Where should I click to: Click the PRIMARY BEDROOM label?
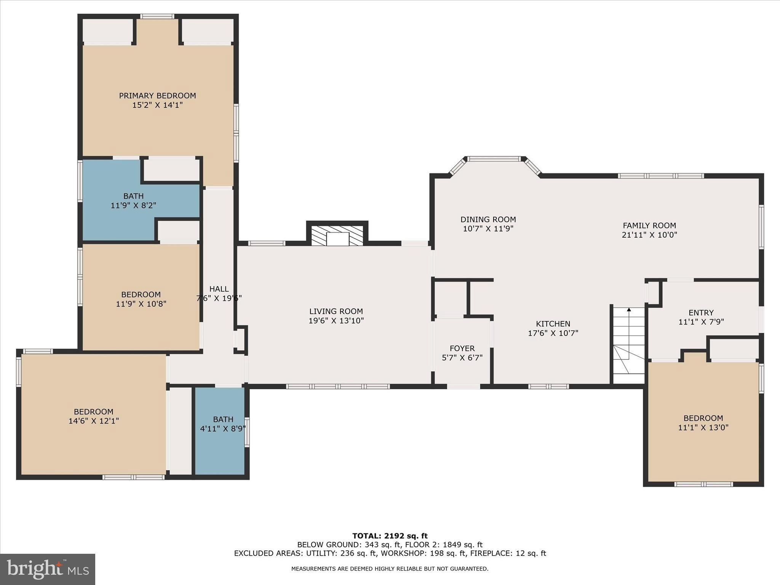[x=157, y=96]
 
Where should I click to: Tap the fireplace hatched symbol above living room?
[x=337, y=235]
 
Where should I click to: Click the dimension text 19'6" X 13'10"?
[x=336, y=321]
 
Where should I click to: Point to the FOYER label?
[x=462, y=348]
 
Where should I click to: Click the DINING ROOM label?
[x=488, y=219]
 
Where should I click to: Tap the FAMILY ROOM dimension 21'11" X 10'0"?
[x=649, y=235]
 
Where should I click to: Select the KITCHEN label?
[x=553, y=324]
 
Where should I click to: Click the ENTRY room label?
[x=701, y=312]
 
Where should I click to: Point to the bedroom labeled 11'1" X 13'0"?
[x=703, y=423]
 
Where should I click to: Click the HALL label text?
[x=219, y=289]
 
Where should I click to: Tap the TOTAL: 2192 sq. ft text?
[x=390, y=536]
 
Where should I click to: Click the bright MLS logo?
[x=48, y=569]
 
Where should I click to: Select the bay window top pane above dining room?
[x=494, y=159]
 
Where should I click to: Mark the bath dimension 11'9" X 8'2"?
[x=133, y=206]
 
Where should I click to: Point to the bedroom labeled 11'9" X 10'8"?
[x=141, y=299]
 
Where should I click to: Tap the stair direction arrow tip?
[x=629, y=309]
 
